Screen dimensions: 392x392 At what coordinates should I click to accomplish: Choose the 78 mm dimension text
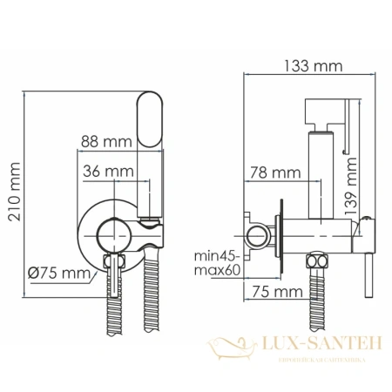[265, 172]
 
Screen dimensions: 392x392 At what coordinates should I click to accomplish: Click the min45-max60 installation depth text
[217, 262]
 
